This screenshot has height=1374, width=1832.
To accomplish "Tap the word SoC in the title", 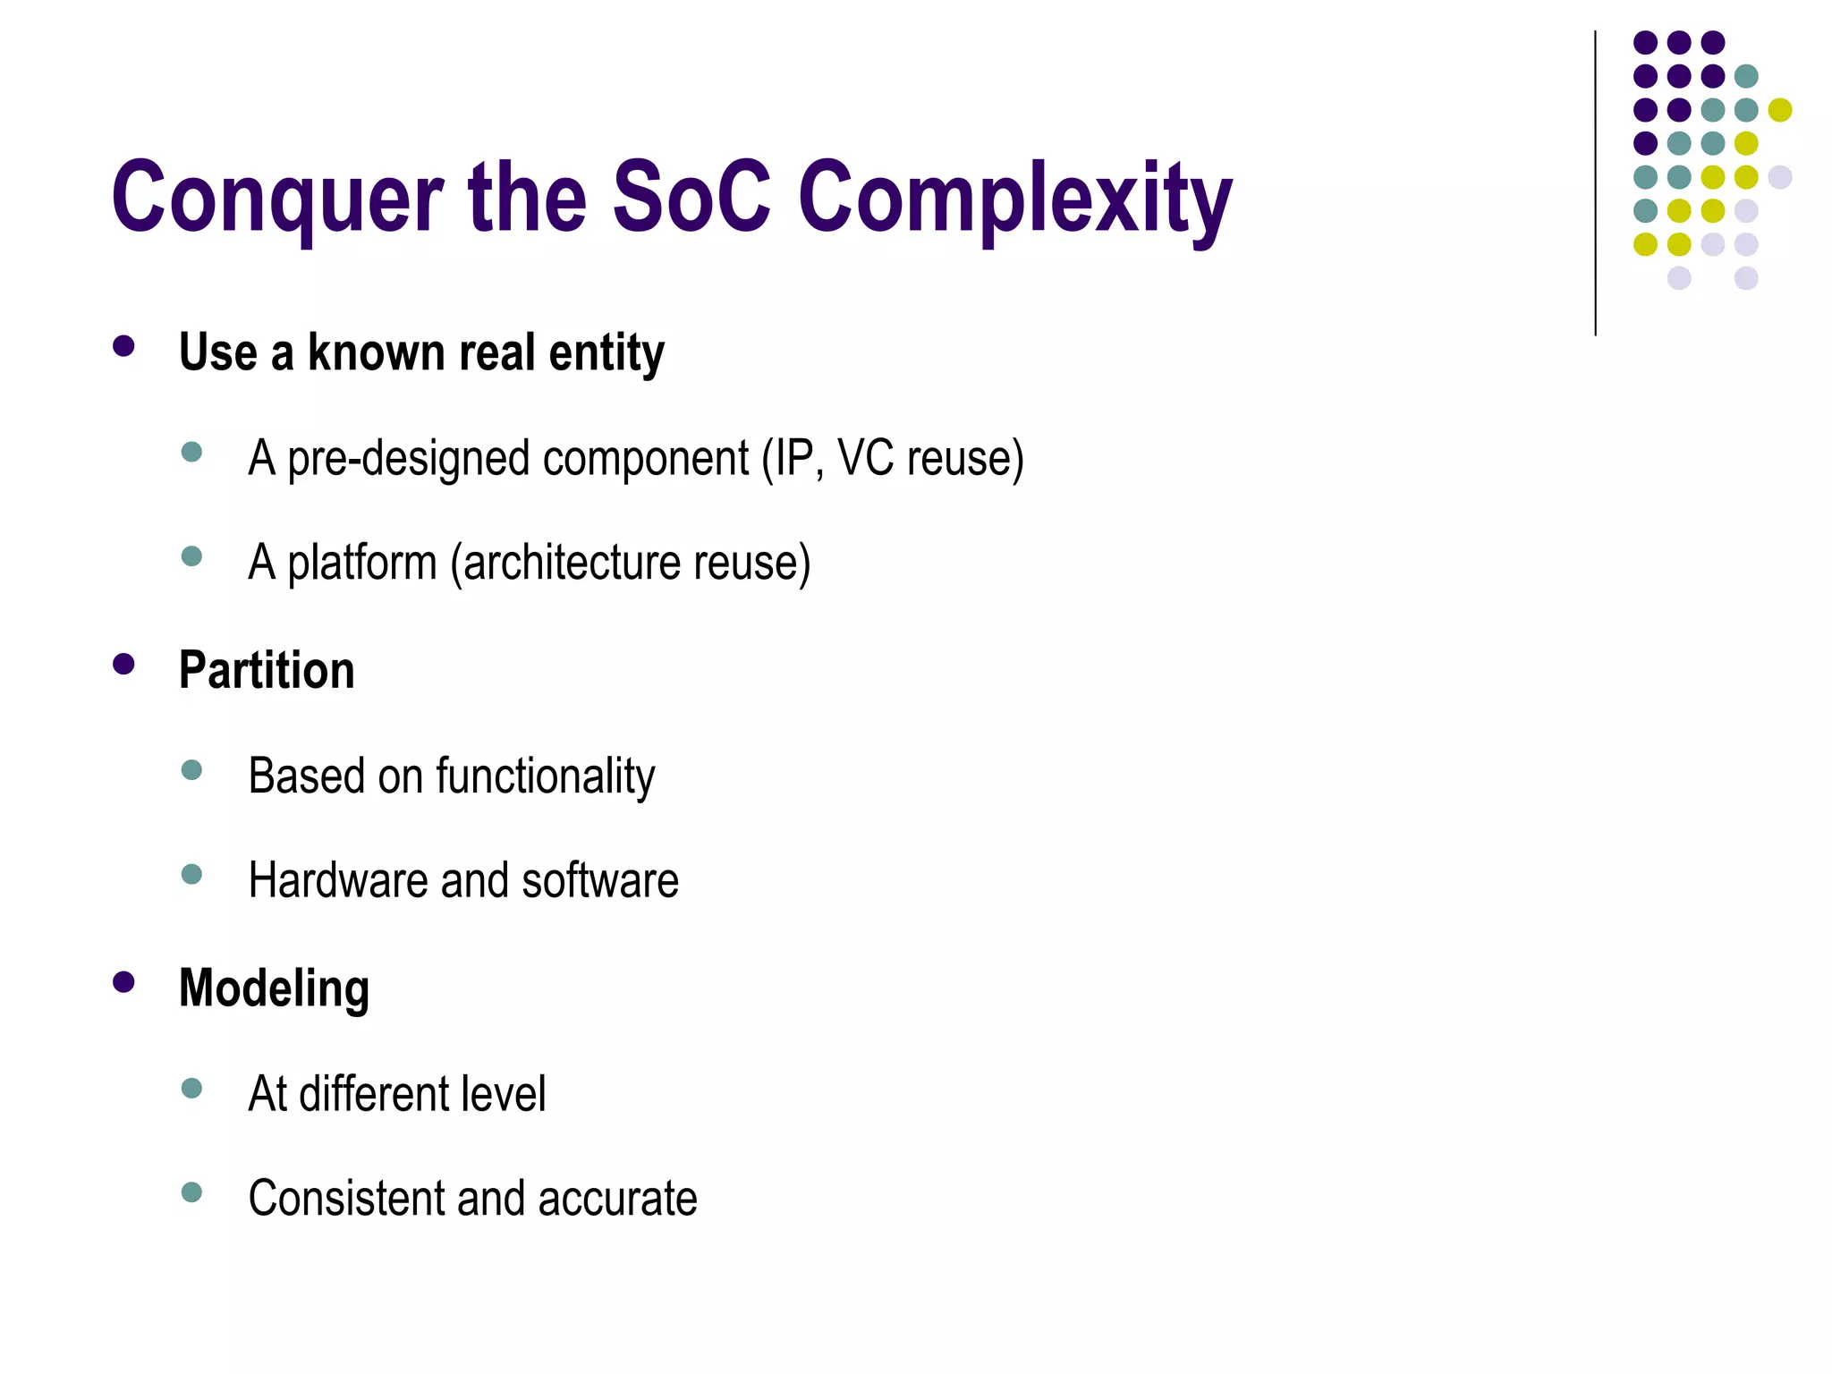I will click(691, 197).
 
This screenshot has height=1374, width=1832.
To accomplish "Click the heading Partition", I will click(267, 670).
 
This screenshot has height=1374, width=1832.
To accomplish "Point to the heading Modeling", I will click(274, 988).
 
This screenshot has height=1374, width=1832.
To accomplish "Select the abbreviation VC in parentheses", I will click(865, 458).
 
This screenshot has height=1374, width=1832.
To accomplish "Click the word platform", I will click(361, 564).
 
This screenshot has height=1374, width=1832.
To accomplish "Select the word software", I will click(600, 880).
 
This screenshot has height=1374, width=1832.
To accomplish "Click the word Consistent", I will click(345, 1199).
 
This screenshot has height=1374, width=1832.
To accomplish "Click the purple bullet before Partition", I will click(123, 664).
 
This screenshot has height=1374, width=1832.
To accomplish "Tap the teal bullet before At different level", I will click(191, 1088).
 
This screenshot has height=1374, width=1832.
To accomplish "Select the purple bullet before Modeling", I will click(123, 982).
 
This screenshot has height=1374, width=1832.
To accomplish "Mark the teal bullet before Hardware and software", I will click(191, 874).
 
